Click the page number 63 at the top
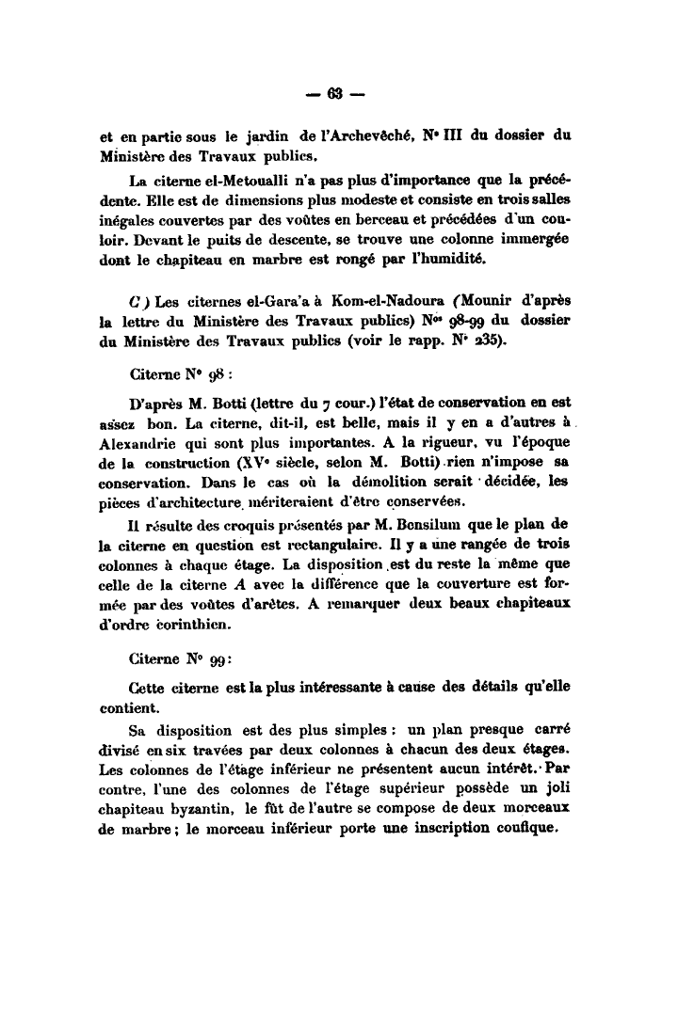338,91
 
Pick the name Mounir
520,303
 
